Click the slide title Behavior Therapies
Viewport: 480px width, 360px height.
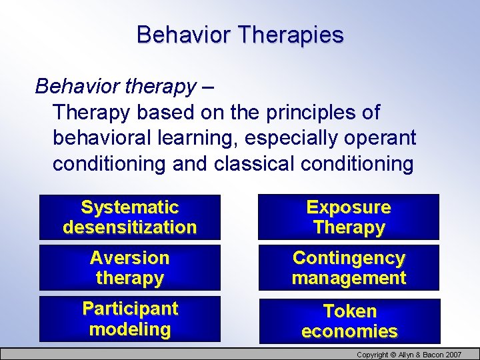click(240, 35)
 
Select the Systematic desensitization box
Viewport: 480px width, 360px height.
click(130, 217)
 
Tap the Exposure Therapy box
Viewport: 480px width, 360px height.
click(349, 217)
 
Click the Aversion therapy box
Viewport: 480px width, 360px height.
click(130, 268)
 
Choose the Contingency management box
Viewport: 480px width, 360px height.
click(349, 268)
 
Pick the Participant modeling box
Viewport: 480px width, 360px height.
click(130, 319)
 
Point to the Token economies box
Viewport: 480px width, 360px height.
click(349, 321)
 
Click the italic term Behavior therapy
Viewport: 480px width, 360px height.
click(115, 86)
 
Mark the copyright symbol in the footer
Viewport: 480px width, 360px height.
click(394, 355)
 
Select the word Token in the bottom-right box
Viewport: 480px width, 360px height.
click(349, 311)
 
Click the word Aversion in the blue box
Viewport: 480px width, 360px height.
click(130, 258)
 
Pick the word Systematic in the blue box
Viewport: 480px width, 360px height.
click(130, 207)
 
